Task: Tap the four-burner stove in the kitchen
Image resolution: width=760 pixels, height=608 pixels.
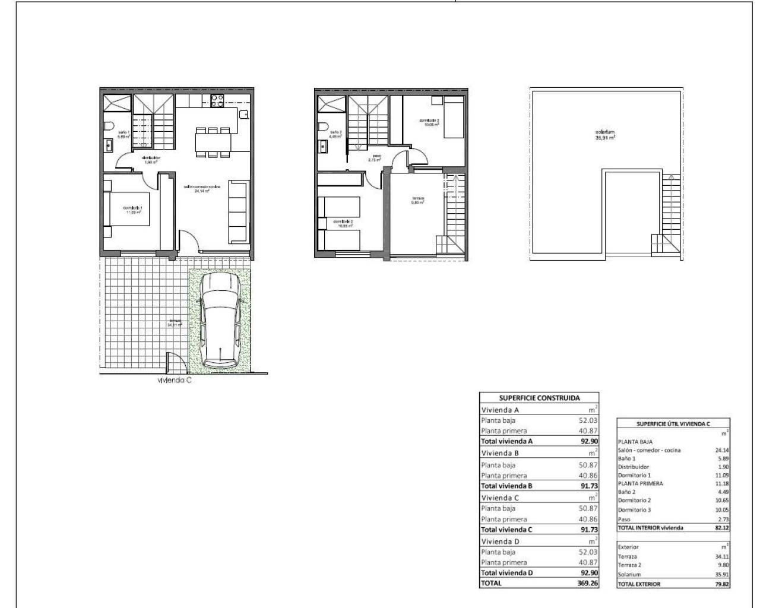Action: (217, 101)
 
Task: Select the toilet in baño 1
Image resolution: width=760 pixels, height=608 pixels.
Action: (108, 126)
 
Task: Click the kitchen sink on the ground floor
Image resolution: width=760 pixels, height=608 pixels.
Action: (244, 113)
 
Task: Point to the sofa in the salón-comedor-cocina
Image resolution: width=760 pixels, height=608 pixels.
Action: (239, 213)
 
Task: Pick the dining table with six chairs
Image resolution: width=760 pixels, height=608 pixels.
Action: (213, 142)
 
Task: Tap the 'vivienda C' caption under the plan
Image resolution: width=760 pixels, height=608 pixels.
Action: (174, 381)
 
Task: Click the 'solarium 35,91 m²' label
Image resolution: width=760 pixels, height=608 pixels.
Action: (605, 134)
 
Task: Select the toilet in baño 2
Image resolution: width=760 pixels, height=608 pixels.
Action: (322, 126)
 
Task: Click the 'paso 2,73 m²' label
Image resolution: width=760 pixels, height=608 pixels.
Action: (374, 158)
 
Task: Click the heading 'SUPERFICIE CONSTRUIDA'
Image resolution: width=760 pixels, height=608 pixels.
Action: (539, 398)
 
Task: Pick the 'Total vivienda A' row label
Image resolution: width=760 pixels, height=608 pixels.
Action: (506, 441)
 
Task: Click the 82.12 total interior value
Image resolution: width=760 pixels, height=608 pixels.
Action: (721, 527)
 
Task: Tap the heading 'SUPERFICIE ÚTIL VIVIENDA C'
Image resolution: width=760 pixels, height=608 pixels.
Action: (673, 423)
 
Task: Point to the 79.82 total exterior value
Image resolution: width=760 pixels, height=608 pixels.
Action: (721, 584)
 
